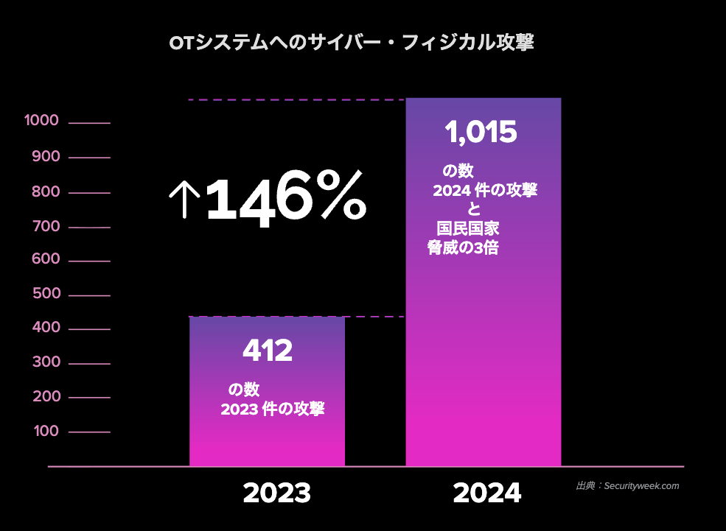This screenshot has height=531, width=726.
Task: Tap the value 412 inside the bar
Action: tap(268, 351)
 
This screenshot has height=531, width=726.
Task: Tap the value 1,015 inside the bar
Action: tap(481, 133)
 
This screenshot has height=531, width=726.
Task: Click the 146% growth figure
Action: tap(285, 197)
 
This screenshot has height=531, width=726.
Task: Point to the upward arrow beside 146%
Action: tap(184, 198)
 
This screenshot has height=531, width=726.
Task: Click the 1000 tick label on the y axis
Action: tap(41, 122)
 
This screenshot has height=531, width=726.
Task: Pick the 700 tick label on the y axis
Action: tap(46, 226)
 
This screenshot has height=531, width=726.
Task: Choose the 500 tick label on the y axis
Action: tap(46, 295)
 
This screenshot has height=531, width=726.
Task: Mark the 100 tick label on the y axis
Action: tap(46, 431)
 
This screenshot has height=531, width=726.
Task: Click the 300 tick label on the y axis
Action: tap(46, 362)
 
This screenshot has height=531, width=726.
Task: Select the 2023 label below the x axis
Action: tap(276, 493)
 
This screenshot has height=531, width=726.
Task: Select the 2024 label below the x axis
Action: tap(487, 493)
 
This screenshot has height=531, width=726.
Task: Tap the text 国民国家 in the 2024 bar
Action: tap(467, 230)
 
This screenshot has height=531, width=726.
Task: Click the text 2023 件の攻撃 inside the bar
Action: tap(273, 409)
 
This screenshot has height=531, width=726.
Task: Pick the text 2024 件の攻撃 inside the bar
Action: tap(485, 191)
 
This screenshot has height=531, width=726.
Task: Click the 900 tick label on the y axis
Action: tap(46, 157)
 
